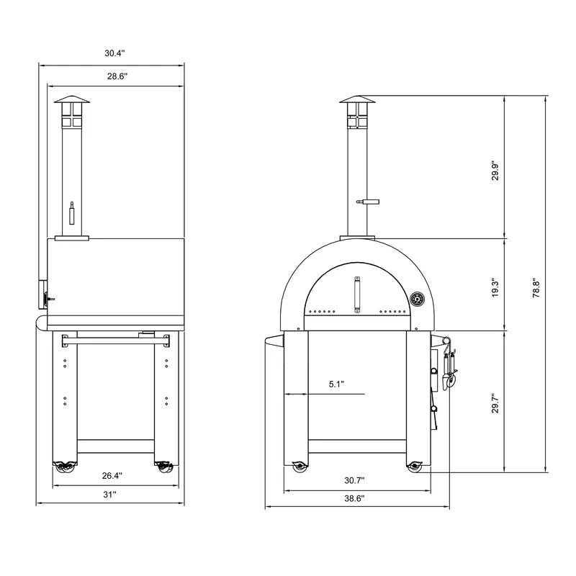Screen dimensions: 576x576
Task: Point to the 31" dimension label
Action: (x=109, y=495)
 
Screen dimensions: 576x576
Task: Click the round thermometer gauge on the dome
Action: (x=417, y=299)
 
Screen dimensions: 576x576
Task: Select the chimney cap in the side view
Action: (x=71, y=101)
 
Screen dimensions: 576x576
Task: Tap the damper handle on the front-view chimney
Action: (x=369, y=202)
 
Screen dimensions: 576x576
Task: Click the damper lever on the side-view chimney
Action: (x=71, y=215)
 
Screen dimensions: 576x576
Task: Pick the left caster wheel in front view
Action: (x=298, y=467)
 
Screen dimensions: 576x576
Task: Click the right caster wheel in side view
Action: (x=164, y=467)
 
